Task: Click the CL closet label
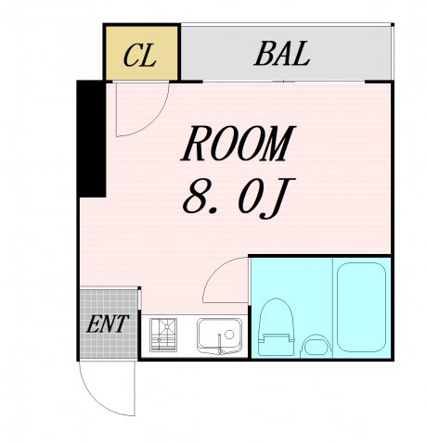pos(139,55)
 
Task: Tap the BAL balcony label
pos(282,53)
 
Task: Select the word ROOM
pos(239,143)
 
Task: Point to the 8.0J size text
pos(239,197)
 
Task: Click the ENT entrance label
pos(107,324)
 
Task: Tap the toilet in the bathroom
pos(276,326)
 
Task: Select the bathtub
pos(361,307)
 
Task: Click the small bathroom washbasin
pos(316,347)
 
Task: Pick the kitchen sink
pos(219,336)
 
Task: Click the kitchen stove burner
pos(163,335)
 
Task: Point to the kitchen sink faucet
pos(220,344)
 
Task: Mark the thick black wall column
pos(92,138)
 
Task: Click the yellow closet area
pos(142,53)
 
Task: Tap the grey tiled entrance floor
pos(109,324)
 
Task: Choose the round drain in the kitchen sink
pos(229,335)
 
